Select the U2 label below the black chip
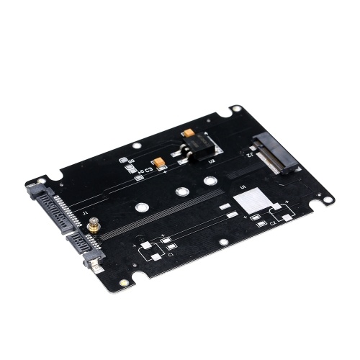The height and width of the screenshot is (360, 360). tap(212, 161)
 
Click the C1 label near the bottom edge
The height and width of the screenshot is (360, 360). tap(171, 254)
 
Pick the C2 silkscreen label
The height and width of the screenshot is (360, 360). tap(273, 222)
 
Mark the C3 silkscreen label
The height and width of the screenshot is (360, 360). tap(148, 170)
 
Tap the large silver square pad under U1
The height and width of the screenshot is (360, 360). tap(251, 202)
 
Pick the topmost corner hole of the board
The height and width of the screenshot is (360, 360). tap(236, 110)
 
